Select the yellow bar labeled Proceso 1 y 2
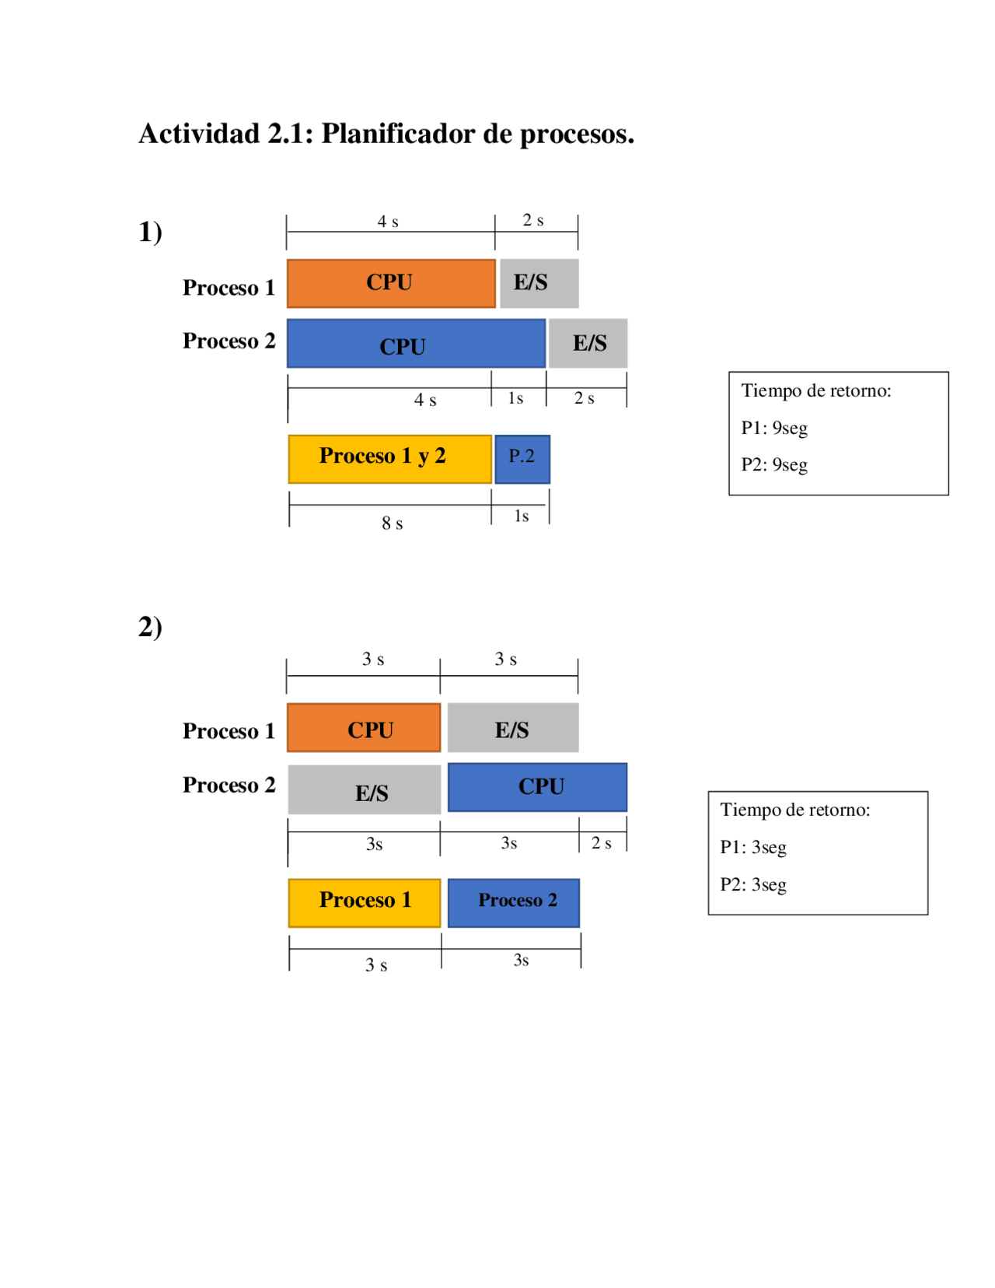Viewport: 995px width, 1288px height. tap(389, 460)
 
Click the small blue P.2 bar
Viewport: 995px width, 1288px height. tap(522, 460)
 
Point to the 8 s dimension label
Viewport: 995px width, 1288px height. tap(392, 523)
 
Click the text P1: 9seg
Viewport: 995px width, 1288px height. tap(774, 428)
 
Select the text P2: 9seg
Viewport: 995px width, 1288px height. tap(774, 464)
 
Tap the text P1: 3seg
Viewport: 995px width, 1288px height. tap(753, 848)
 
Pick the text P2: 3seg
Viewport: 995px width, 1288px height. tap(753, 884)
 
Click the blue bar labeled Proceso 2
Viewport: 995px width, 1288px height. tap(514, 903)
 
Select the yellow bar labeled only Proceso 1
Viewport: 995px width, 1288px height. tap(365, 903)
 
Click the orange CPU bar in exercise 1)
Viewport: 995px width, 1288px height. tap(391, 283)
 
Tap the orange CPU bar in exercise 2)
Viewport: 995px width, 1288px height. tap(364, 727)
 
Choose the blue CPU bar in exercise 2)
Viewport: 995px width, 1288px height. tap(537, 787)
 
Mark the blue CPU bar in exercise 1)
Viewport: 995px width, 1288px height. tap(416, 343)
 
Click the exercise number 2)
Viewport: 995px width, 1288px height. tap(151, 627)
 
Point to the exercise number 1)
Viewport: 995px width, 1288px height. tap(151, 232)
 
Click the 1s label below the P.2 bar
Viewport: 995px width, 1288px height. tap(521, 516)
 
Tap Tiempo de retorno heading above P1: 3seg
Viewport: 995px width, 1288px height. tap(795, 810)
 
